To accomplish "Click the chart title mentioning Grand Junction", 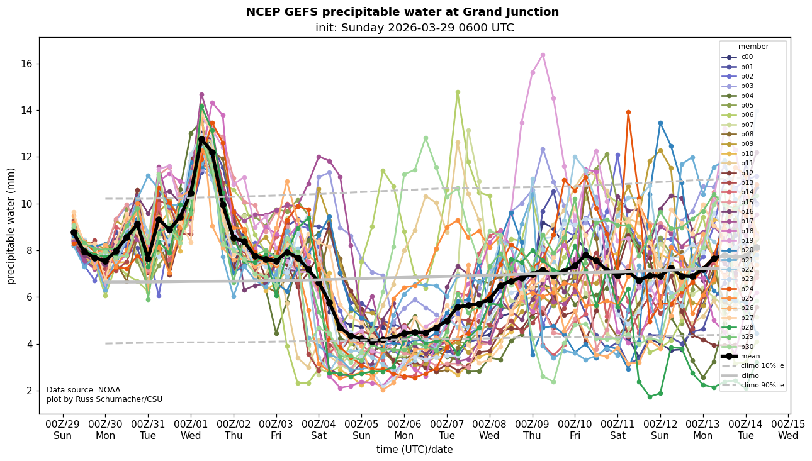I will (402, 12).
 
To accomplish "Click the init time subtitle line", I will (414, 28).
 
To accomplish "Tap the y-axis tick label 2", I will (29, 391).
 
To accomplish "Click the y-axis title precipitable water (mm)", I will (11, 225).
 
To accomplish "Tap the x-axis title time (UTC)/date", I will (414, 450).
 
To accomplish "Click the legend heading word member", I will (753, 47).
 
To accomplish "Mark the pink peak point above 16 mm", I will (543, 55).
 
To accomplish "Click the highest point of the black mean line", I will (201, 140).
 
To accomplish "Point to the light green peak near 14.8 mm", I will (458, 92).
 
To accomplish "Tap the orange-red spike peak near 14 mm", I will (628, 113).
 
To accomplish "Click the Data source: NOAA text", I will (74, 390).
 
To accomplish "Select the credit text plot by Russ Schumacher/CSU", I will (104, 399).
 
